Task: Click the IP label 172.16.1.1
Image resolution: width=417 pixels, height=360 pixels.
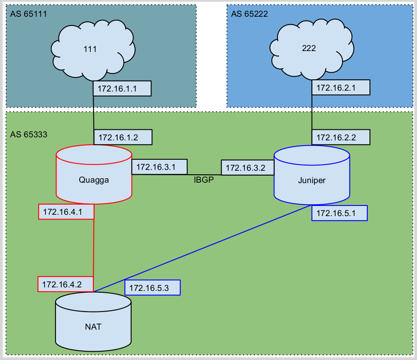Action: coord(122,88)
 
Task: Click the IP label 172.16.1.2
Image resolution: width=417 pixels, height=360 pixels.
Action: coord(123,137)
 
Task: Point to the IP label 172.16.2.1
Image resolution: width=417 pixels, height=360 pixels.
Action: coord(340,88)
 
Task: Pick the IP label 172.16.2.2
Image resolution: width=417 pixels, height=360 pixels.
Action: coord(340,137)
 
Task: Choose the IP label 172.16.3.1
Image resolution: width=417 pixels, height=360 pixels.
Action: coord(159,167)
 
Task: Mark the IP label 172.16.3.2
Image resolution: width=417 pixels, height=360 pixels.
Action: coord(247,168)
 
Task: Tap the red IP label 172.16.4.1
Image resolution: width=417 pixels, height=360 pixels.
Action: coord(66,212)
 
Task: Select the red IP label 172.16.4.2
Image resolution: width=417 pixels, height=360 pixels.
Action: coord(66,284)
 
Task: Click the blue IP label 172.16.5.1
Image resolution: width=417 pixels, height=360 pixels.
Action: coord(340,213)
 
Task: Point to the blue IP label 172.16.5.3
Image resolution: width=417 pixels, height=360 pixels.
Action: coord(152,288)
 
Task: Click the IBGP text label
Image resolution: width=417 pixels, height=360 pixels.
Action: coord(203,179)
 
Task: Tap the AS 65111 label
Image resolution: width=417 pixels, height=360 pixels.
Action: coord(28,14)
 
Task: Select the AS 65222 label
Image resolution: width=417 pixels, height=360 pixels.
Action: coord(249,14)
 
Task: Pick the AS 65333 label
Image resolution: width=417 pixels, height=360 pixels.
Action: coord(28,135)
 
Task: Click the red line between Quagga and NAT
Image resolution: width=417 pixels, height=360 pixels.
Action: coord(94,246)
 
